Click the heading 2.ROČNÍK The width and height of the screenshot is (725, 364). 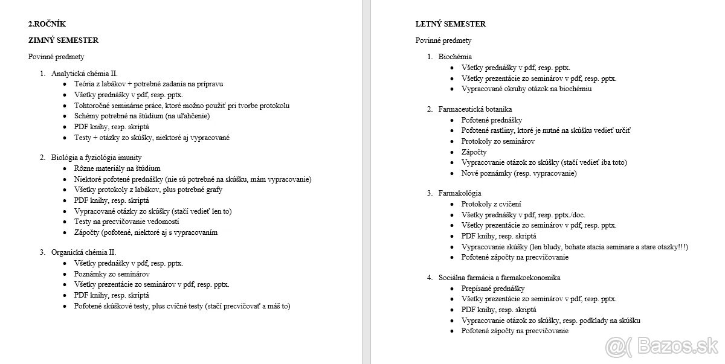click(47, 24)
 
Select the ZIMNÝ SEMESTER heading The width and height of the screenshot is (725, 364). click(63, 40)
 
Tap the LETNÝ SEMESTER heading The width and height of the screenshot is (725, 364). click(451, 24)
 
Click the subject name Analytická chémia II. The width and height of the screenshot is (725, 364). click(84, 73)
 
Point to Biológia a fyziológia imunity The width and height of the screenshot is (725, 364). click(96, 158)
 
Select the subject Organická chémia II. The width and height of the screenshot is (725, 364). click(83, 252)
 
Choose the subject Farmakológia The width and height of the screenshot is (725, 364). click(460, 193)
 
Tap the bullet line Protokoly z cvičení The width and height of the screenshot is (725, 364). click(491, 204)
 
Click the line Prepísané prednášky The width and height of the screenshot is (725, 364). click(493, 289)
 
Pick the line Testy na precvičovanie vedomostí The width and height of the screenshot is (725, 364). click(126, 222)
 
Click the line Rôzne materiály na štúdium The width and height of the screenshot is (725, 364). click(117, 168)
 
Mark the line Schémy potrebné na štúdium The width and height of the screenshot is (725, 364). click(142, 116)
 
